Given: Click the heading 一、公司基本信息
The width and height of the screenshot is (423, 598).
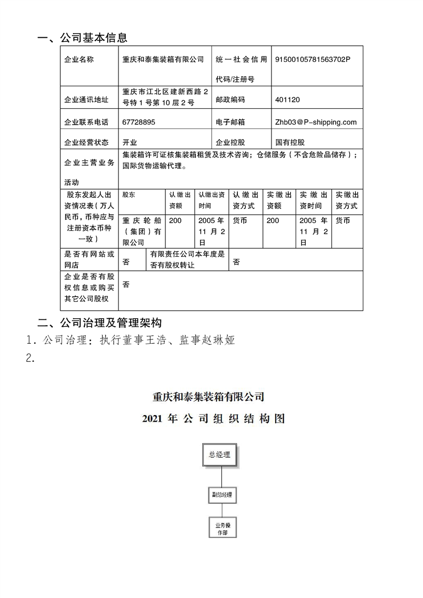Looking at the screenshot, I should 82,38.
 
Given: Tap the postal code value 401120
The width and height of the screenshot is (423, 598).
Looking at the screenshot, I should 288,100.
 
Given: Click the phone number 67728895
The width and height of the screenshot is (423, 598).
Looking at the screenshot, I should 139,122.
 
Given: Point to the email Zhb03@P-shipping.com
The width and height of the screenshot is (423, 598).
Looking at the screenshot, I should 316,122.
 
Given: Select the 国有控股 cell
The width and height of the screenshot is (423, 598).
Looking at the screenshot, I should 290,142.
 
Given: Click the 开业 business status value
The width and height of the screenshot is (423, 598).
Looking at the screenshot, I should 130,142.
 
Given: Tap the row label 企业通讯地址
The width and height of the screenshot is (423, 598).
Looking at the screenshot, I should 86,100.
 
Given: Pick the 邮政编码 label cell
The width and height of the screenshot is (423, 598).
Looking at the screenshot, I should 230,100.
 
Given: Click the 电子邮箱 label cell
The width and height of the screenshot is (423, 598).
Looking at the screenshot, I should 230,122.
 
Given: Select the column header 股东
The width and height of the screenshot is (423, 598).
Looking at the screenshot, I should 129,195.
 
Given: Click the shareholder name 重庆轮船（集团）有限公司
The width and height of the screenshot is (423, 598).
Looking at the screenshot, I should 141,231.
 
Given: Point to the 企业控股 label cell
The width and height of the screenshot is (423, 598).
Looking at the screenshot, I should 230,142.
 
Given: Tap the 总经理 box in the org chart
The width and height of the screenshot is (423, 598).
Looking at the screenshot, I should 220,455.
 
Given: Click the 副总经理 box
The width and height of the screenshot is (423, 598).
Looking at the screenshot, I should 221,495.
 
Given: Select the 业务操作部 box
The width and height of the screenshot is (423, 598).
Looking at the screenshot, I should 221,529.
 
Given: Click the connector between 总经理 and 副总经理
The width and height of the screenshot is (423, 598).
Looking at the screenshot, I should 221,476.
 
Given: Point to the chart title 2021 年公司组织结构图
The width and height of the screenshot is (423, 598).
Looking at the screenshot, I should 213,419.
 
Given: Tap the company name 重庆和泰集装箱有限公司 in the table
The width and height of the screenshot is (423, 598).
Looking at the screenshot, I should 163,60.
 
